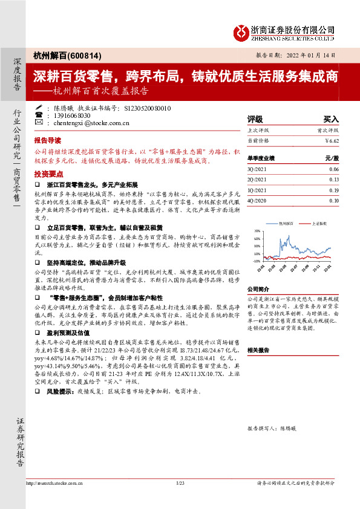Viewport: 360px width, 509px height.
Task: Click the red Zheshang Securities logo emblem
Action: tap(241, 30)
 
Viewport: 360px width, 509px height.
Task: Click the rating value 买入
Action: tap(331, 120)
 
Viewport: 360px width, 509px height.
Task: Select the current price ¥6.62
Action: tap(332, 140)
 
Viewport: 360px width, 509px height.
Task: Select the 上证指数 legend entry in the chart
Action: tap(319, 223)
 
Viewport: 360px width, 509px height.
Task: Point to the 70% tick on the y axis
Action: tap(257, 232)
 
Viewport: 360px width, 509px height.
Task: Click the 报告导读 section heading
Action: tap(48, 138)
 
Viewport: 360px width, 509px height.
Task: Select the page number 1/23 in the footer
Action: tap(180, 500)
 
